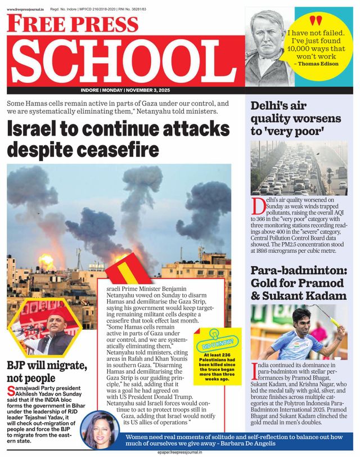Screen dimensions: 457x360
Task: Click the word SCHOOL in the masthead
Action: tap(127, 61)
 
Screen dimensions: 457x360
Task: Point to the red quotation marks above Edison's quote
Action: tap(317, 21)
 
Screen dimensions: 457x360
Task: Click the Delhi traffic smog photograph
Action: tap(299, 168)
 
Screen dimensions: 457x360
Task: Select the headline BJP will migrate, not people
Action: tap(46, 372)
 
